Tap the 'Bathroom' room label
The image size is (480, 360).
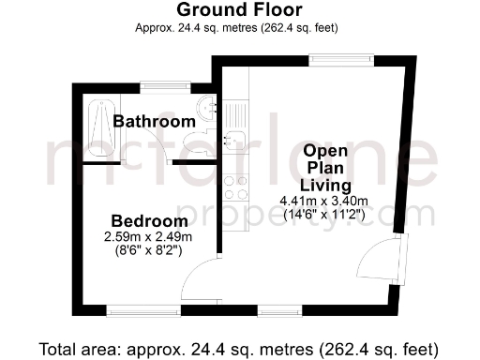tap(154, 122)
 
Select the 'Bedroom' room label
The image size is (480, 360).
tap(147, 221)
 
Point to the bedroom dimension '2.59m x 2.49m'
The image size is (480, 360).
tap(147, 237)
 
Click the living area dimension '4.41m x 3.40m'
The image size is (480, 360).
tap(323, 200)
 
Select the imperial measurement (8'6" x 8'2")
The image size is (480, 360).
tap(147, 250)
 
